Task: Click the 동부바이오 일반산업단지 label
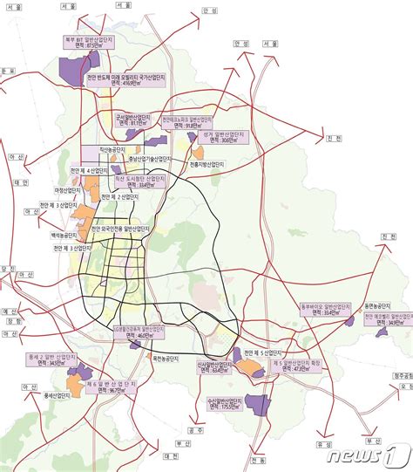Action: (x=323, y=308)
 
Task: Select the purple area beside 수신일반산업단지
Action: (x=257, y=403)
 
